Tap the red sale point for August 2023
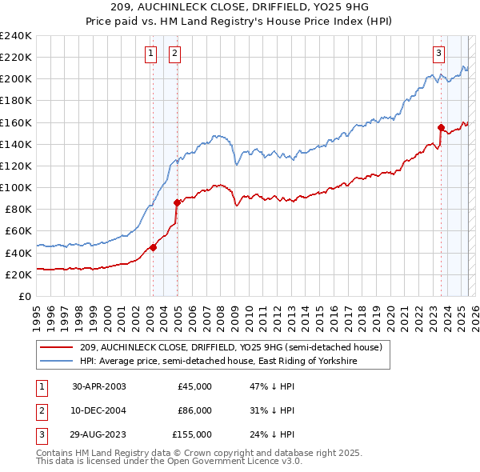(x=441, y=127)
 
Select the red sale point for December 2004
(x=177, y=202)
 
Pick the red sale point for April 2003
(x=154, y=247)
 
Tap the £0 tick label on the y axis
(x=24, y=296)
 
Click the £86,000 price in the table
(x=194, y=410)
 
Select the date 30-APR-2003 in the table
(x=99, y=386)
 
